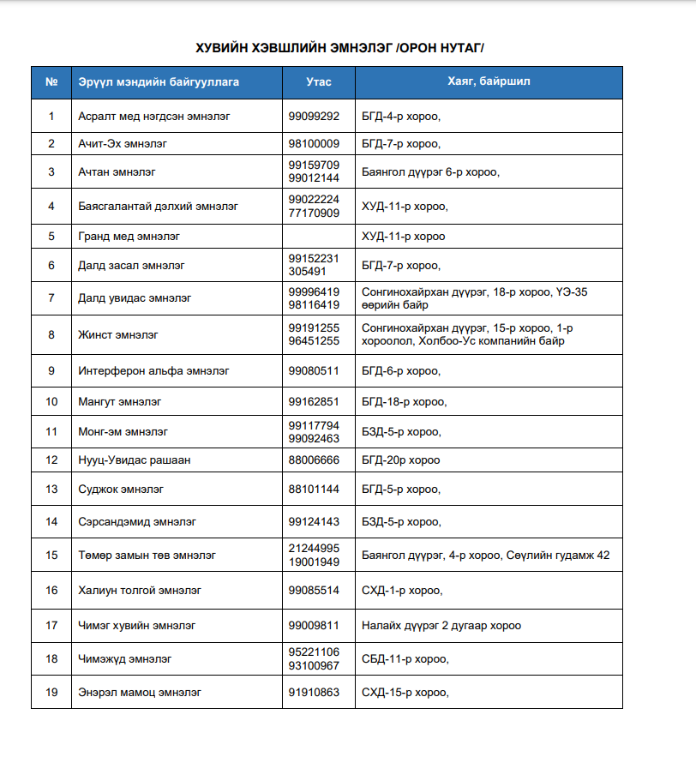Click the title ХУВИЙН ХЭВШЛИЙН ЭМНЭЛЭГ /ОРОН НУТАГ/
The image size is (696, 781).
click(347, 47)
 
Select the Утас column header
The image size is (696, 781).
click(319, 82)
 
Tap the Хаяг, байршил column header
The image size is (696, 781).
click(489, 82)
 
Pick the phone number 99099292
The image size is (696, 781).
click(314, 116)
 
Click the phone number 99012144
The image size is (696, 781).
click(314, 178)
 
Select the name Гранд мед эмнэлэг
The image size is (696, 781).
click(129, 236)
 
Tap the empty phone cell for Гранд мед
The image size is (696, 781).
click(319, 236)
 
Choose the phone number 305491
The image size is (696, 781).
click(307, 272)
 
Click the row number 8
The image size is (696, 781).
click(51, 334)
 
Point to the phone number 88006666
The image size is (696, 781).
click(314, 460)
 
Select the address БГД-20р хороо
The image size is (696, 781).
click(400, 460)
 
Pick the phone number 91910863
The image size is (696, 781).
click(314, 692)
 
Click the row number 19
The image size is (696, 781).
click(51, 692)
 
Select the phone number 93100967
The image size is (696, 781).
click(314, 666)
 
